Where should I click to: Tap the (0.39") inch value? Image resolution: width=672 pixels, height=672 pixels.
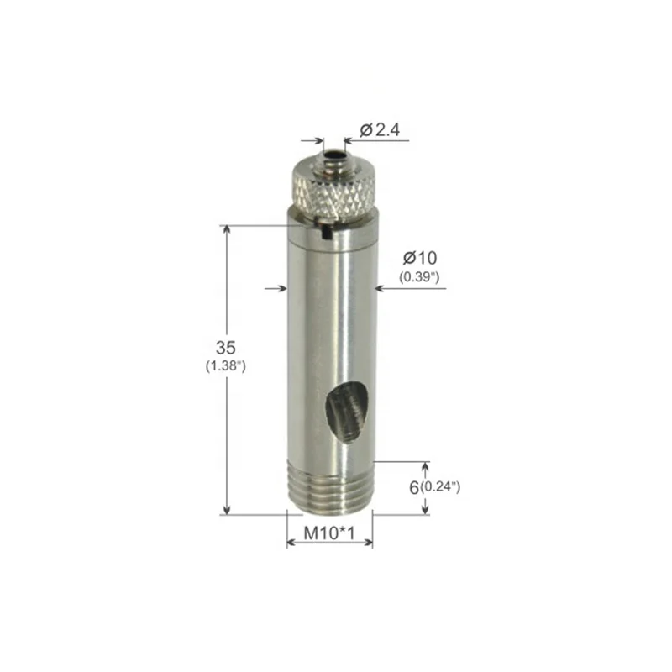[421, 278]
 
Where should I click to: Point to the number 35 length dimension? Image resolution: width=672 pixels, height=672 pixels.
[224, 347]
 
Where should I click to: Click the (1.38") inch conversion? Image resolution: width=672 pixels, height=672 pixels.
[224, 366]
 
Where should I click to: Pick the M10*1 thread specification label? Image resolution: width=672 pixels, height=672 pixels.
[329, 532]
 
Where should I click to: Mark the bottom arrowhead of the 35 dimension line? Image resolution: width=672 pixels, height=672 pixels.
[225, 509]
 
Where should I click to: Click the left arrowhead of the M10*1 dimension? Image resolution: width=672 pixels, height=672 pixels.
[291, 543]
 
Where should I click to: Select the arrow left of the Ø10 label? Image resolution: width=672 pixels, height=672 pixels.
[380, 289]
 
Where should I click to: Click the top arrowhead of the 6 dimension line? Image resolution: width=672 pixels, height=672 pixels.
[425, 466]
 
